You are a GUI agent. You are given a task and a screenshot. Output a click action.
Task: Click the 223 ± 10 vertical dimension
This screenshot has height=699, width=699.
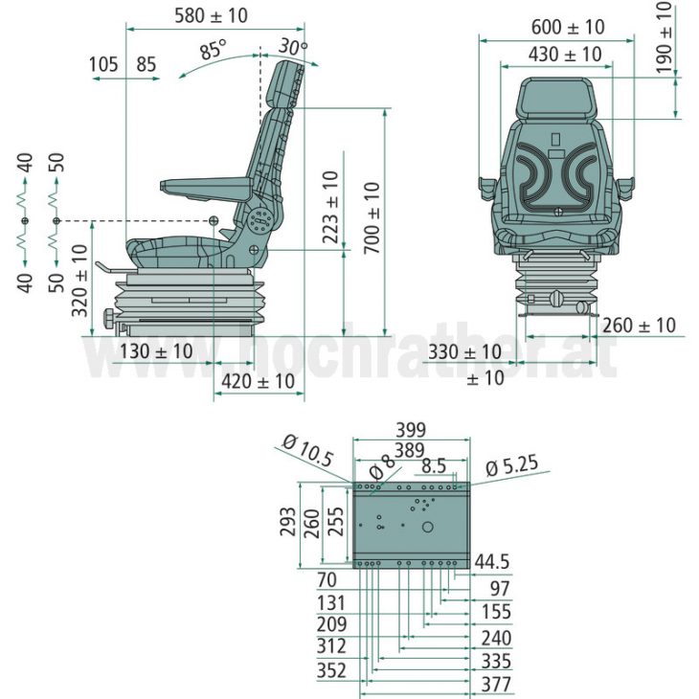[330, 207]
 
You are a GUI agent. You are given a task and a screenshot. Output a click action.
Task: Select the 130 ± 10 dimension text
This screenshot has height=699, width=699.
[156, 351]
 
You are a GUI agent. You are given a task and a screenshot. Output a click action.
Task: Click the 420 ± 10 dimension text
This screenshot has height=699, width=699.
[258, 381]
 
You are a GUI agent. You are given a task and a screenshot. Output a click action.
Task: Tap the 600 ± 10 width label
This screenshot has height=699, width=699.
[555, 27]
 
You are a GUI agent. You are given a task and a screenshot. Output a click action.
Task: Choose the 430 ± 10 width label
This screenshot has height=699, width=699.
[556, 55]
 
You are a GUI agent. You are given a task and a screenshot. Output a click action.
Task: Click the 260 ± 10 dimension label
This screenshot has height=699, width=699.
[639, 326]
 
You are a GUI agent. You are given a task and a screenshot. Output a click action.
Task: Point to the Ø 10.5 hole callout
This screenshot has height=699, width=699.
[307, 449]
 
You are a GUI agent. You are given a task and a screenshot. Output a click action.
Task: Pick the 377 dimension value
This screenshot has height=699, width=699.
[496, 684]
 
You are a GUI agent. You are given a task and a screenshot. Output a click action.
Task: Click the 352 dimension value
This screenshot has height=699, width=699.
[331, 671]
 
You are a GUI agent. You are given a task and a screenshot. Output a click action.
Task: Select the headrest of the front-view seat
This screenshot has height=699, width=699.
[556, 100]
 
